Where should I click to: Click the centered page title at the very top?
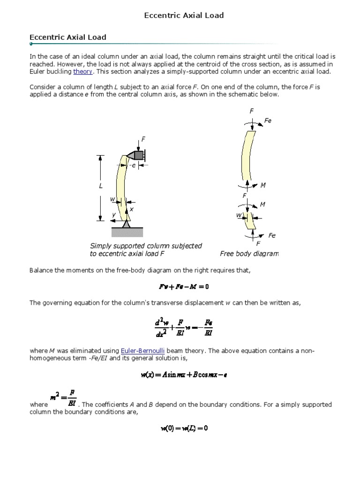(183, 15)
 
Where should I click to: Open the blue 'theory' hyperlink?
(83, 72)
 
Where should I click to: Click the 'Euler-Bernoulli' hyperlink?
(142, 351)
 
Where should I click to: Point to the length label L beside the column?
(100, 186)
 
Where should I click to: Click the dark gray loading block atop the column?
(139, 155)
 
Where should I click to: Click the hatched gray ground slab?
(127, 232)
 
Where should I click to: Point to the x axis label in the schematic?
(131, 209)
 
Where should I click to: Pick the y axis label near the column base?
(113, 215)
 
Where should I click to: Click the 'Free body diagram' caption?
(249, 254)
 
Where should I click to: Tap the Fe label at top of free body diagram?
(268, 120)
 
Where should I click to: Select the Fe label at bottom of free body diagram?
(272, 235)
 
